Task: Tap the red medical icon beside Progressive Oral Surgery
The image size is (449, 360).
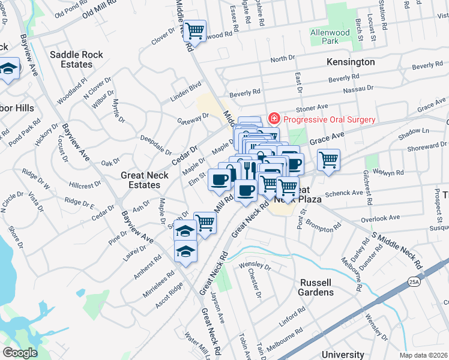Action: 274,119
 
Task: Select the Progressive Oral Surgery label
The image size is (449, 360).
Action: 329,119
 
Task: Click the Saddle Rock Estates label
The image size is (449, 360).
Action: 76,59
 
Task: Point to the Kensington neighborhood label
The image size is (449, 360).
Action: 351,62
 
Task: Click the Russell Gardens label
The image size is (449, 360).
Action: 315,287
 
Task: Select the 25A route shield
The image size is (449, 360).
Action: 415,280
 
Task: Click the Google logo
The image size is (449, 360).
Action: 20,353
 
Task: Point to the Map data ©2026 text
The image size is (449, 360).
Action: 423,355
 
